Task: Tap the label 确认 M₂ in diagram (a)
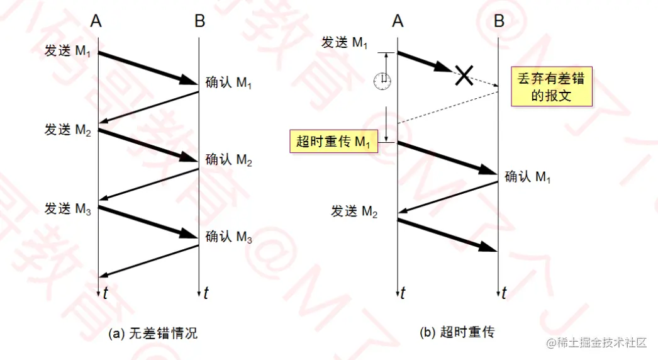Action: coord(229,160)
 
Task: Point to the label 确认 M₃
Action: coord(229,237)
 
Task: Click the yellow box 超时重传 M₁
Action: coord(333,141)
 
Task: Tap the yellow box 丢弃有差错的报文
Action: coord(550,87)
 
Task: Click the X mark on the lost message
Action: coord(464,76)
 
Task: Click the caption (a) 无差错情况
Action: coord(153,334)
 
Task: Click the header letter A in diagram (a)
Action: coord(96,21)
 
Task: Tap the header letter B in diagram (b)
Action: coord(499,21)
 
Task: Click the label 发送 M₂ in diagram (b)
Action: coord(354,211)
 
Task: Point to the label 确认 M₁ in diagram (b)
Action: coord(528,177)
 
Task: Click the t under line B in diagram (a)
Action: coord(206,293)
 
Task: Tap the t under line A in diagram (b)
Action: coord(403,293)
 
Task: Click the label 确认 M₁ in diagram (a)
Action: coord(229,82)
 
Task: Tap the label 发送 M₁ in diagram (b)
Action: coord(345,43)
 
